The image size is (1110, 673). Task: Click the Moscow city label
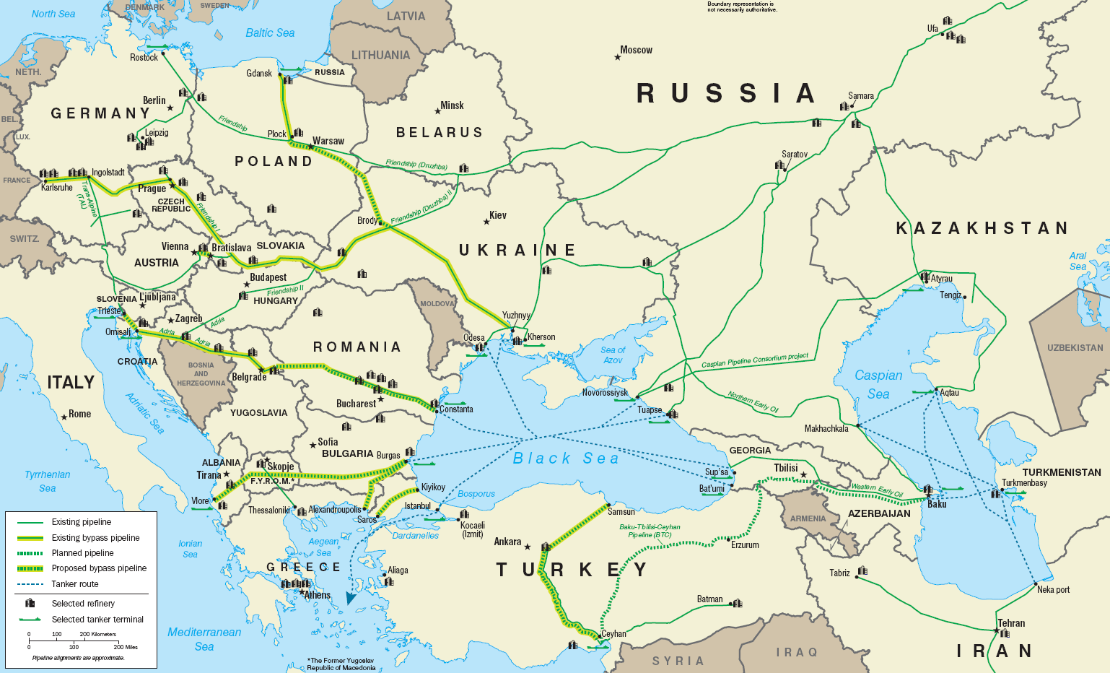[636, 50]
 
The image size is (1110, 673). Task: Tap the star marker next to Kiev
[486, 222]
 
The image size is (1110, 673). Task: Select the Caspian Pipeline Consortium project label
[755, 360]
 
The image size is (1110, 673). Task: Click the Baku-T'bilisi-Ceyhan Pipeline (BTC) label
[650, 531]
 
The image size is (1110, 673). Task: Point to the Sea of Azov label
[613, 355]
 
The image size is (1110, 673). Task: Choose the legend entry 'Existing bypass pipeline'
[95, 538]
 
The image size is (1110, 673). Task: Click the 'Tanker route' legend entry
[75, 584]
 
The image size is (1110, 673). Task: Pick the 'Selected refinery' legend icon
[30, 603]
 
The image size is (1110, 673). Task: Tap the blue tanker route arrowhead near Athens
[351, 598]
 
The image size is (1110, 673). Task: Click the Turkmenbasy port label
[1024, 483]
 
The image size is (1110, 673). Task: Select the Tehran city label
[1011, 623]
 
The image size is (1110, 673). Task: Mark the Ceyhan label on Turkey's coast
[613, 634]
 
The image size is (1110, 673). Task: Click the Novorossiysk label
[605, 393]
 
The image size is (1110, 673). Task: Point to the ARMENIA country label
[808, 518]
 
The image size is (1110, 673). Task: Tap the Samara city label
[860, 96]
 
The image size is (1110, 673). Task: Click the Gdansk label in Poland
[259, 73]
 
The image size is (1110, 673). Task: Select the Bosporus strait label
[476, 494]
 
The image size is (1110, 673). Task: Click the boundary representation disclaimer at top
[741, 7]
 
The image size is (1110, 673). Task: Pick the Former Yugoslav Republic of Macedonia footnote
[341, 664]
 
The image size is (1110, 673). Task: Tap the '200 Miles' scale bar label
[126, 647]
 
